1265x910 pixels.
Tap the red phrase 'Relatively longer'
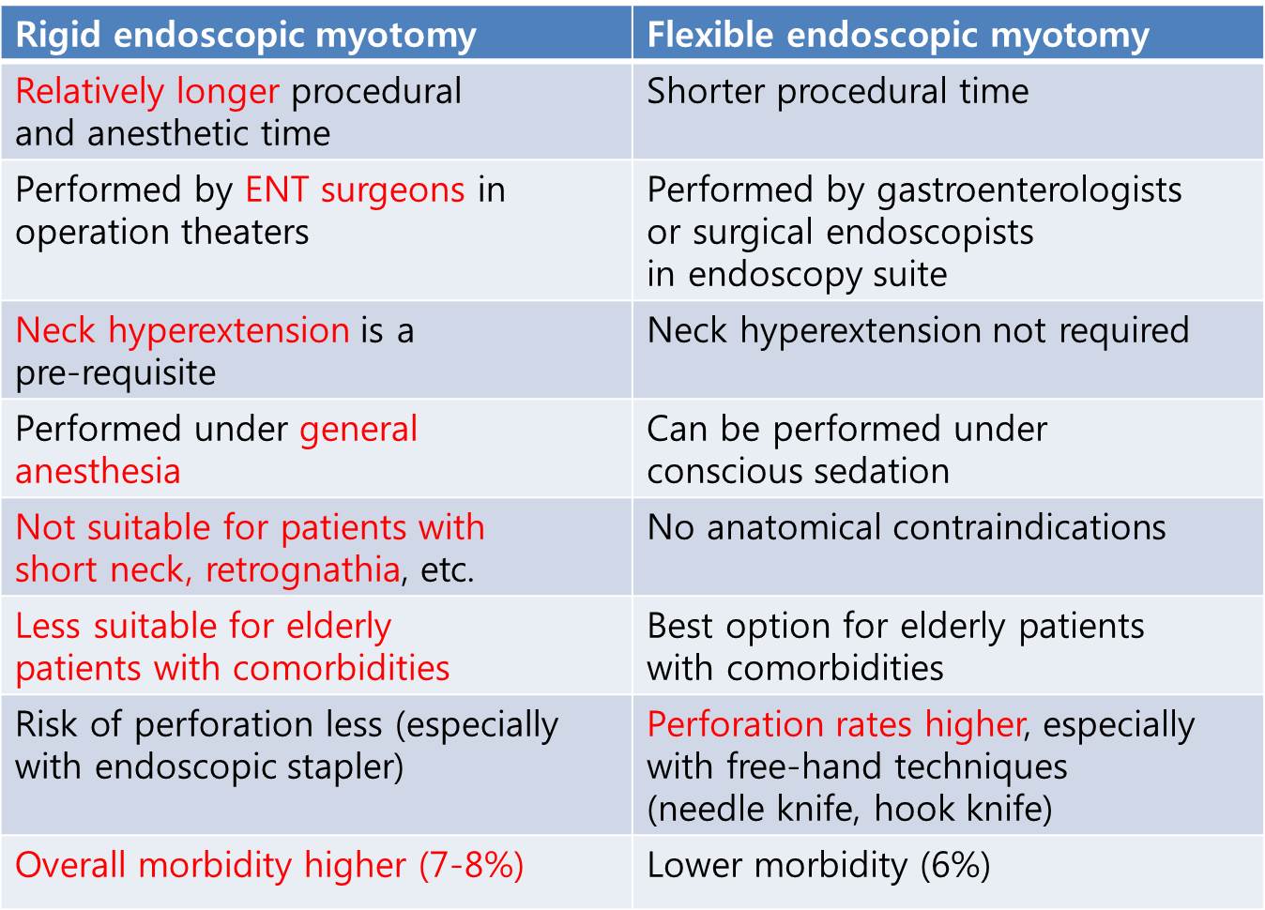coord(146,92)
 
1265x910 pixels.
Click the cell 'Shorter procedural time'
coord(837,91)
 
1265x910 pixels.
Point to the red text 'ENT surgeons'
coord(356,190)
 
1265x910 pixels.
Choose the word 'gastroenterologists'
coord(1029,190)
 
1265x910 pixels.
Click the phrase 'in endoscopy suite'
coord(797,275)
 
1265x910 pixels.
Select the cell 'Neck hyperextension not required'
coord(919,331)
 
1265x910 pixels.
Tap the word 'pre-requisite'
coord(115,373)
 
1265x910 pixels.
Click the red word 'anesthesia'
coord(98,471)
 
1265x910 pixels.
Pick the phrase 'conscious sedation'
coord(798,471)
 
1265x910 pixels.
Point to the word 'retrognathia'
coord(303,570)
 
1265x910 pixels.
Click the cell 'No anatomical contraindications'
coord(907,528)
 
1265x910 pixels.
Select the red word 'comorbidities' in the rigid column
coord(341,668)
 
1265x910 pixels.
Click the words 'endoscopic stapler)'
coord(249,767)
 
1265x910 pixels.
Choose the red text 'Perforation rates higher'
coord(836,725)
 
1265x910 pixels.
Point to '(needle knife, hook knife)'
coord(849,809)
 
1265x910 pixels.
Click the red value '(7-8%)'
coord(471,865)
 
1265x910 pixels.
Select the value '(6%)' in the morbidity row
coord(955,865)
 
